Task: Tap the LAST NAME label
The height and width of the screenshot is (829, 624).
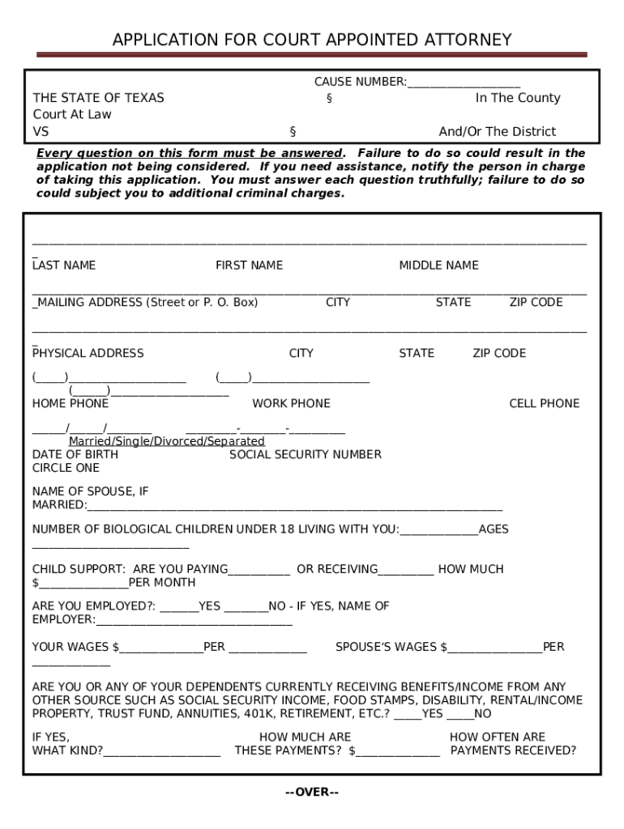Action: coord(64,266)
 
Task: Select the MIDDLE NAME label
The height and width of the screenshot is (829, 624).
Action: coord(438,266)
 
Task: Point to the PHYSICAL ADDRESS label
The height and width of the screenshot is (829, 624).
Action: coord(88,353)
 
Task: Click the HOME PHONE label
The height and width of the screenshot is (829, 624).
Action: coord(70,403)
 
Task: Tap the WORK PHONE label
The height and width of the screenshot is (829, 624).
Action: coord(291,403)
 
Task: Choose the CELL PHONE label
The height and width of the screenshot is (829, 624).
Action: coord(544,403)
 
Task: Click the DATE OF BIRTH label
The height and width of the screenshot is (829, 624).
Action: coord(75,454)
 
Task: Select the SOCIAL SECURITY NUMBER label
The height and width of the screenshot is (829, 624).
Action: coord(306,454)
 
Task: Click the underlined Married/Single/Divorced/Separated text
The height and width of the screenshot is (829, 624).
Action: coord(166,441)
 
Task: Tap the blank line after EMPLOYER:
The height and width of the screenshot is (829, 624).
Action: coord(194,621)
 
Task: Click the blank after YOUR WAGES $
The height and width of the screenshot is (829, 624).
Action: coord(161,648)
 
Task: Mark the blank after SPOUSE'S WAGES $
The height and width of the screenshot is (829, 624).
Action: coord(494,648)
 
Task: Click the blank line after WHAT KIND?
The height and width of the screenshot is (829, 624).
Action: coord(162,751)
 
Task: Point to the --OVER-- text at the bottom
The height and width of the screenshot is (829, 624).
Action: coord(312,792)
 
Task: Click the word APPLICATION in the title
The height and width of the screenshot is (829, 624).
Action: coord(166,40)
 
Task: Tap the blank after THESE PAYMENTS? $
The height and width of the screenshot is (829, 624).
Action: coord(398,751)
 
